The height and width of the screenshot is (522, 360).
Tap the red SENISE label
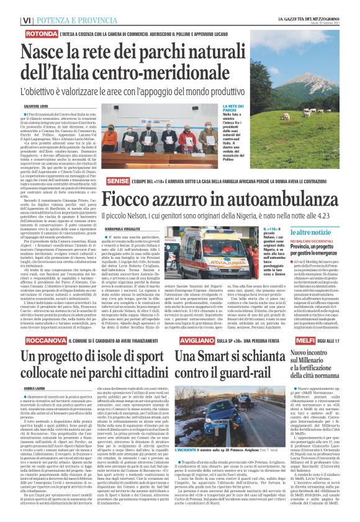(x=117, y=179)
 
